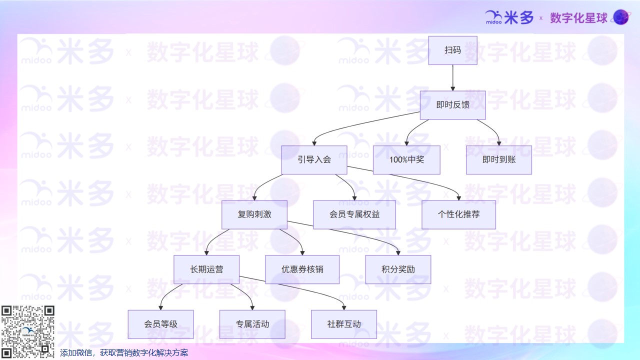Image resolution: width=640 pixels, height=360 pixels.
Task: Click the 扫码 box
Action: (x=452, y=50)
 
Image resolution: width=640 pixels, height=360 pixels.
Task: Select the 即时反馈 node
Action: (x=452, y=105)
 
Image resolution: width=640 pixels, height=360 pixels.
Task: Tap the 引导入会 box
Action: (x=314, y=160)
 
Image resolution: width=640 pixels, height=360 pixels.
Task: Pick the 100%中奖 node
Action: (x=406, y=160)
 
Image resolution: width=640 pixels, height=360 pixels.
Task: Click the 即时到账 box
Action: (x=498, y=160)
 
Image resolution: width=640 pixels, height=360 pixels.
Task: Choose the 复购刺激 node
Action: (x=254, y=214)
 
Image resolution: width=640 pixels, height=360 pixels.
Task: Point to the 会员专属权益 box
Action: (x=354, y=214)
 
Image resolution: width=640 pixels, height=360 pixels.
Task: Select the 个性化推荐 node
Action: (x=458, y=214)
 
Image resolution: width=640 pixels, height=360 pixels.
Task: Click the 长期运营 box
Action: (x=206, y=269)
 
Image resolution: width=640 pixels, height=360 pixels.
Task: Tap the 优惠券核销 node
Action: (x=302, y=269)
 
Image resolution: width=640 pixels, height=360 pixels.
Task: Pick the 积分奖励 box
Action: (x=398, y=269)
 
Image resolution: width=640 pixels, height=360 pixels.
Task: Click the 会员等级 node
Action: (x=160, y=324)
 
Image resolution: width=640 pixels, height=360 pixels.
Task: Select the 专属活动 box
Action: (x=252, y=324)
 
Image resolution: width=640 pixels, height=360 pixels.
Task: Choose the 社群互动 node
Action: (x=344, y=324)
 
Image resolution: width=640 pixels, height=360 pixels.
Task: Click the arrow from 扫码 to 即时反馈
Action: (x=452, y=77)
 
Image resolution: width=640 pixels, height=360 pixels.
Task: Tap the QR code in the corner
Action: (x=27, y=331)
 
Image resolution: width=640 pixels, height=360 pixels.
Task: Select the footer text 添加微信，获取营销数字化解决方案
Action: (x=124, y=353)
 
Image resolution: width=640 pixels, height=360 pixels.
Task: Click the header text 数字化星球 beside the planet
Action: (x=578, y=18)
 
